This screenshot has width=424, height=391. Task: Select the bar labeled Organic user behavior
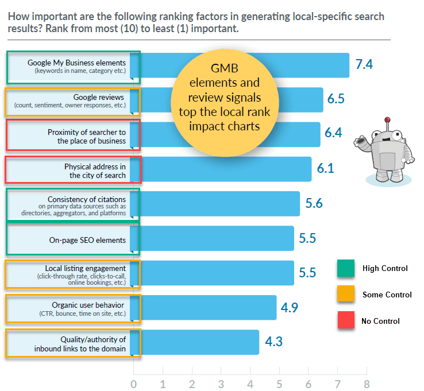[x=207, y=308]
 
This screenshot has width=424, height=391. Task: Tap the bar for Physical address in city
[x=224, y=169]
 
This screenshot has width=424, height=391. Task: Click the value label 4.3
[x=273, y=343]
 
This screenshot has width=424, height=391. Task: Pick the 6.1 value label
[x=325, y=169]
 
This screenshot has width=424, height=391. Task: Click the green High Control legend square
[x=346, y=268]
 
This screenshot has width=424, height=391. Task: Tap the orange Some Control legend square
[x=346, y=295]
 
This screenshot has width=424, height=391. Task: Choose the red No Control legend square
[x=346, y=320]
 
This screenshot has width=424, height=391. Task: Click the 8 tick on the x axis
[x=366, y=383]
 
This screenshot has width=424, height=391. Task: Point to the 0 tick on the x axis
[x=134, y=383]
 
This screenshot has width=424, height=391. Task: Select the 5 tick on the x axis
[x=279, y=383]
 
